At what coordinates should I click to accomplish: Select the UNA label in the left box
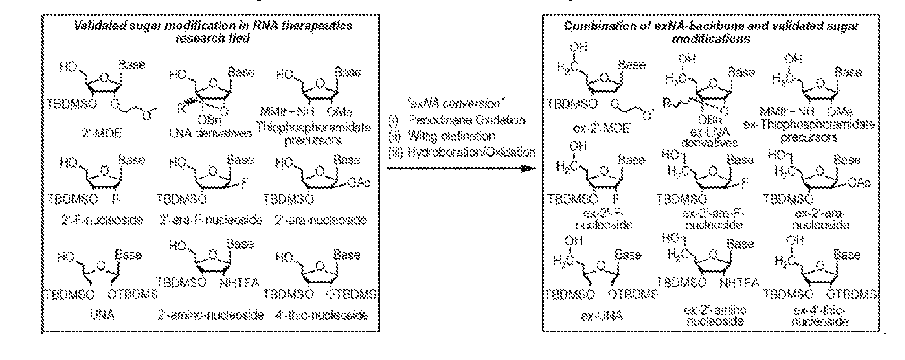102,315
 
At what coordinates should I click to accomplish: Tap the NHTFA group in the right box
739,282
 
